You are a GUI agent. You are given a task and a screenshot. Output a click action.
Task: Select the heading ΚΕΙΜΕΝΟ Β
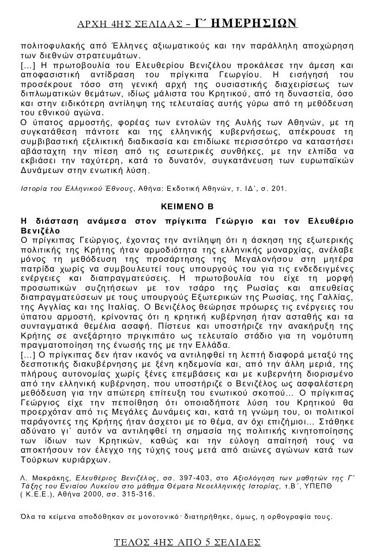click(186, 206)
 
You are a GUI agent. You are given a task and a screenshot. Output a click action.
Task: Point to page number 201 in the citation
click(278, 188)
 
